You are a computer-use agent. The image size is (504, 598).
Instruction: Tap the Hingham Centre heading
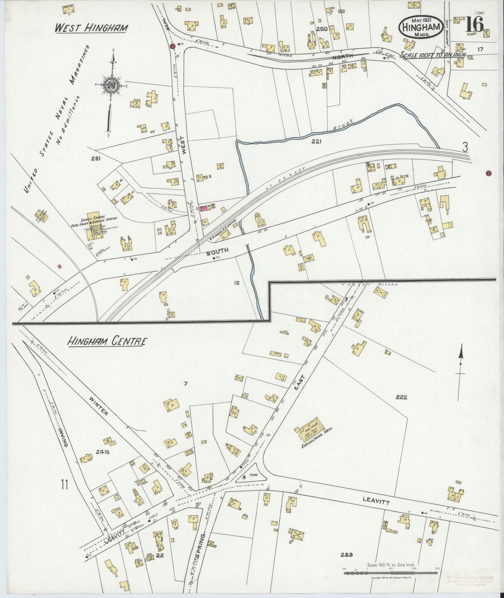click(x=106, y=341)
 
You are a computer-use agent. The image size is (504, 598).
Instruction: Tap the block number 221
click(x=316, y=141)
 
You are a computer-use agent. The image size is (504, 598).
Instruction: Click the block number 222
click(x=401, y=397)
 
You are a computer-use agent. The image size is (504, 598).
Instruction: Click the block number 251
click(x=96, y=159)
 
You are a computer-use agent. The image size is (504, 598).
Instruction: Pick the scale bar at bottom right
click(x=390, y=573)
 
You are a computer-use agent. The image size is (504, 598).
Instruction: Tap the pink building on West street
click(x=203, y=208)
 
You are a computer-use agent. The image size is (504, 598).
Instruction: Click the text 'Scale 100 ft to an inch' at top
click(x=432, y=55)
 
